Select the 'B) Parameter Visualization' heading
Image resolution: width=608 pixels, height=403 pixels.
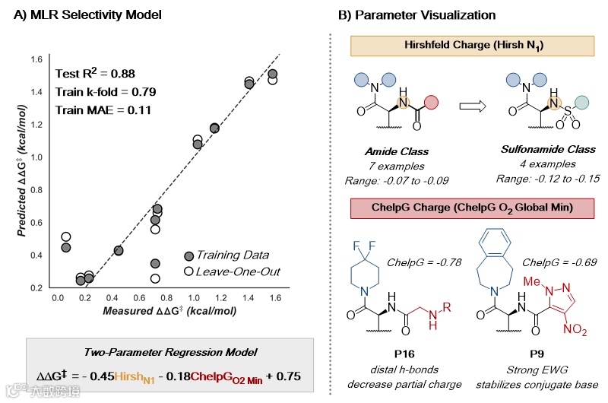pos(416,14)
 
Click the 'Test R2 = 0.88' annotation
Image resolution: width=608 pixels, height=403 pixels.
pos(103,74)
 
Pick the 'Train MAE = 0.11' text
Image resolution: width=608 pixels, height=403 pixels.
pos(103,109)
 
